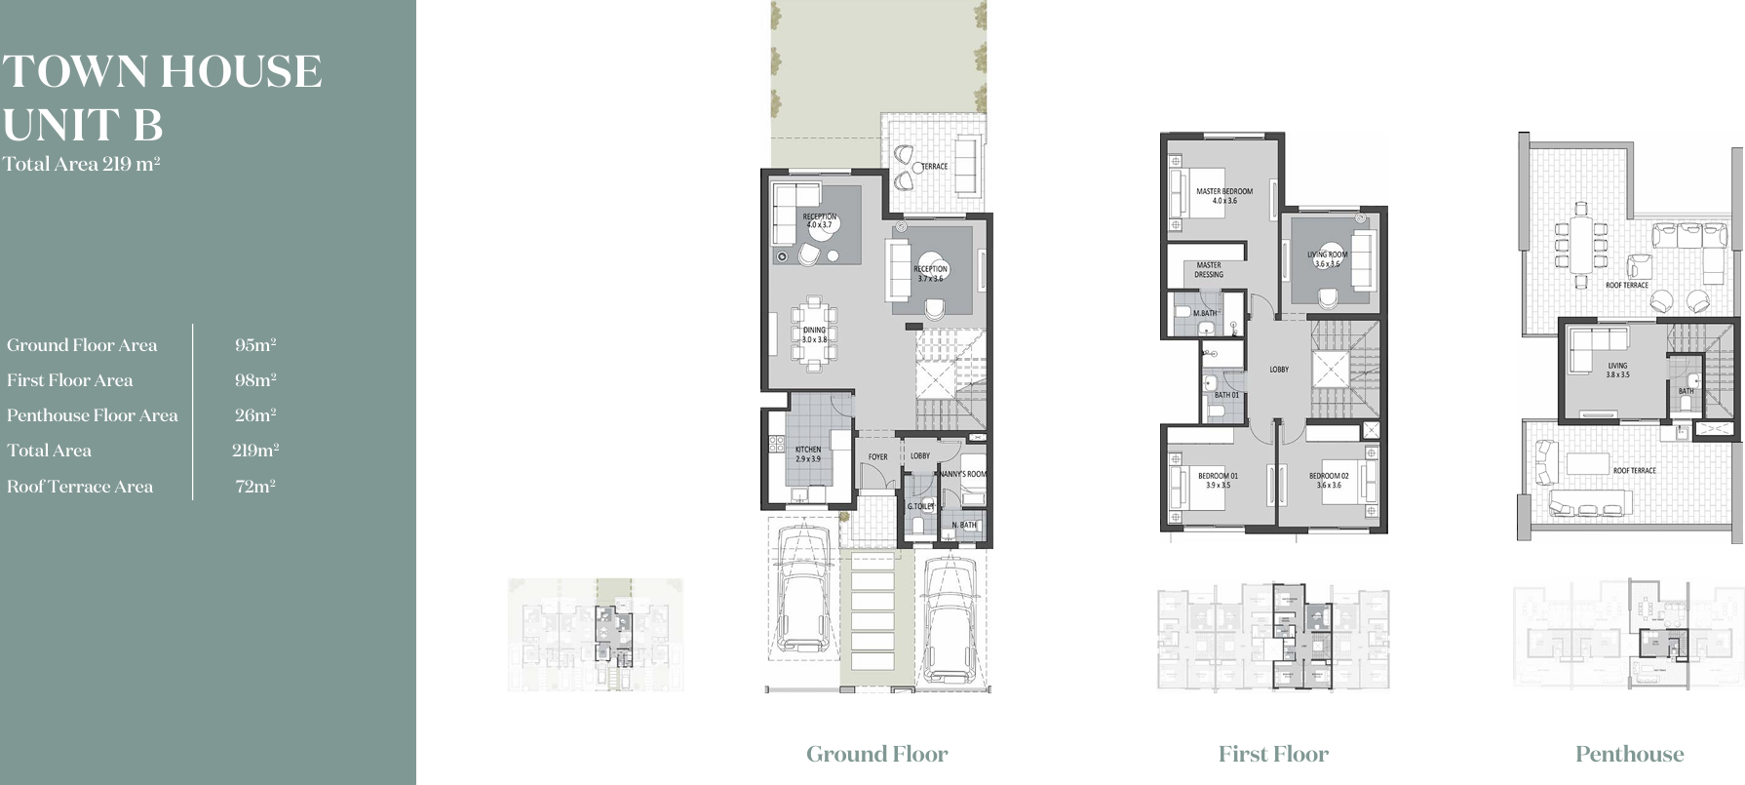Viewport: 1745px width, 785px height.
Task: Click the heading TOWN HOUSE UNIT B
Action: point(162,98)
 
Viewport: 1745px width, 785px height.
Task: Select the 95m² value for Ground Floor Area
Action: point(255,345)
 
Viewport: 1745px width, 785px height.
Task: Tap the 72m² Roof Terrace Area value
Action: point(255,487)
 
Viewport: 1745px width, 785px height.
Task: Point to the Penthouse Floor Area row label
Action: point(93,415)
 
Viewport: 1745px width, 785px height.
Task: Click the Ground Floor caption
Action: point(876,754)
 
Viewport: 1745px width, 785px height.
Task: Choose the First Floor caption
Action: point(1273,754)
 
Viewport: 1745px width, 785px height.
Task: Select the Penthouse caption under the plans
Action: point(1629,754)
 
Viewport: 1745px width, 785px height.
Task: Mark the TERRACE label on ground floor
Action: point(934,167)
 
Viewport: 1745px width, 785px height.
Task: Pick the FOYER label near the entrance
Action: point(878,456)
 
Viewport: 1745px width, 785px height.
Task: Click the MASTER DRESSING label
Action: point(1209,269)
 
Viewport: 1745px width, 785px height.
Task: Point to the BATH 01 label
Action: point(1226,395)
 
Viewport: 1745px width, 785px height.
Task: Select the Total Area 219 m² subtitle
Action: point(81,164)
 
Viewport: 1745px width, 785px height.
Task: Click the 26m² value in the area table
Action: point(255,415)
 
